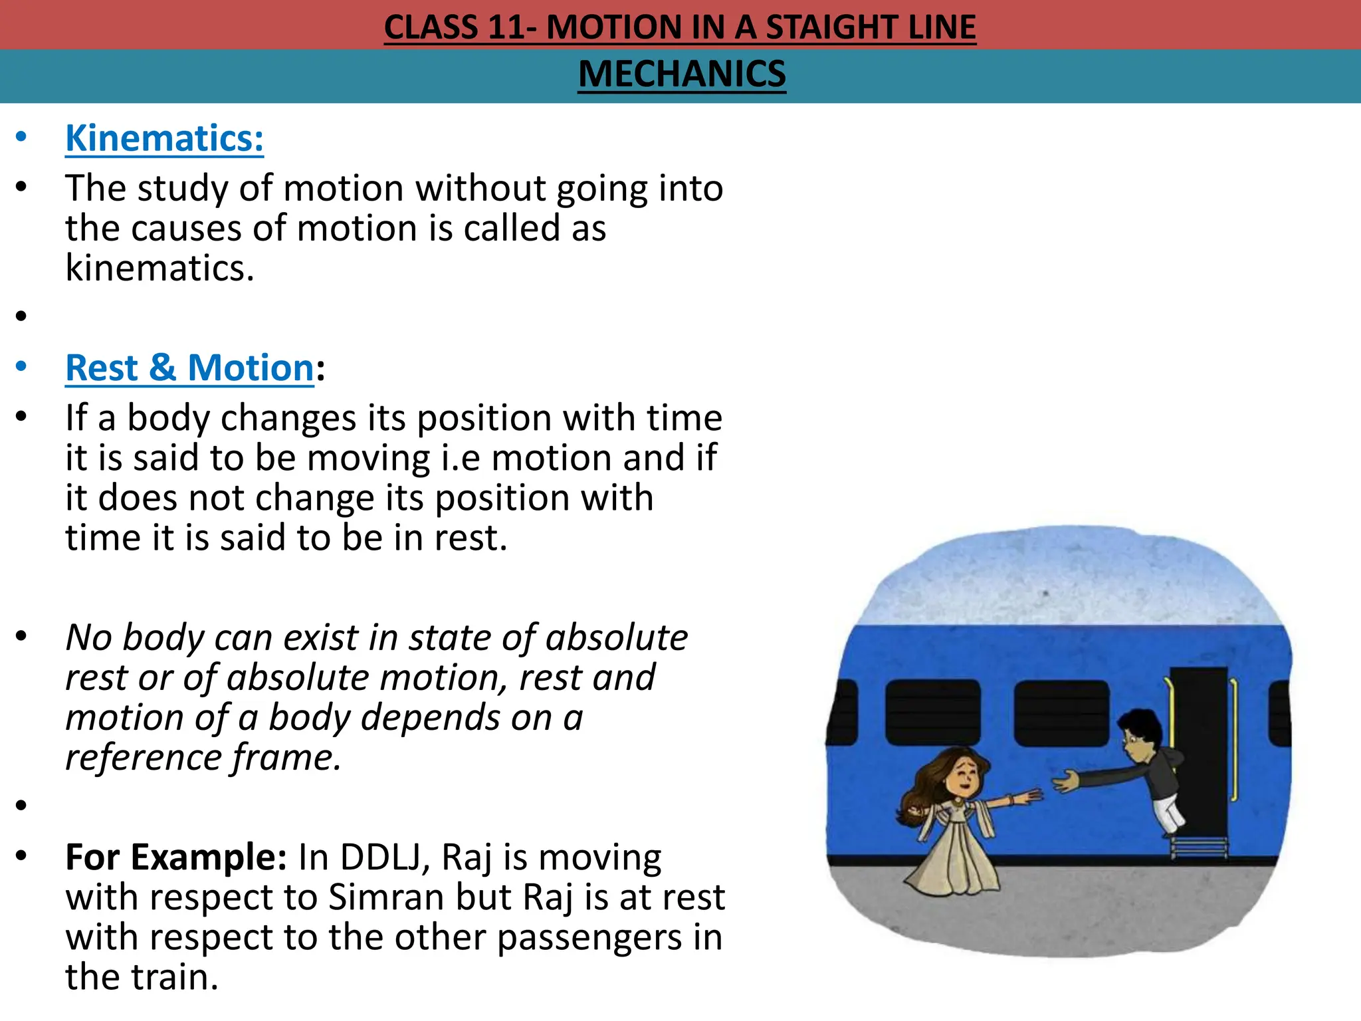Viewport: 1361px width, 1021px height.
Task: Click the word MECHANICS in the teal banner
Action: tap(682, 74)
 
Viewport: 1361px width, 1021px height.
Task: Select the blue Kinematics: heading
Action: tap(164, 138)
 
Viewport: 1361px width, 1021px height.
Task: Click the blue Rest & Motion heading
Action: tap(189, 368)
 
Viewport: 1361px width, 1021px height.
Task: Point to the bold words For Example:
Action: tap(175, 857)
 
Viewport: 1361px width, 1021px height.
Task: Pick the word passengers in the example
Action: tap(589, 937)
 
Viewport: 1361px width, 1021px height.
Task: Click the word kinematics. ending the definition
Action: tap(159, 269)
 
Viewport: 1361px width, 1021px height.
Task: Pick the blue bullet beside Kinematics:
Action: tap(22, 138)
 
